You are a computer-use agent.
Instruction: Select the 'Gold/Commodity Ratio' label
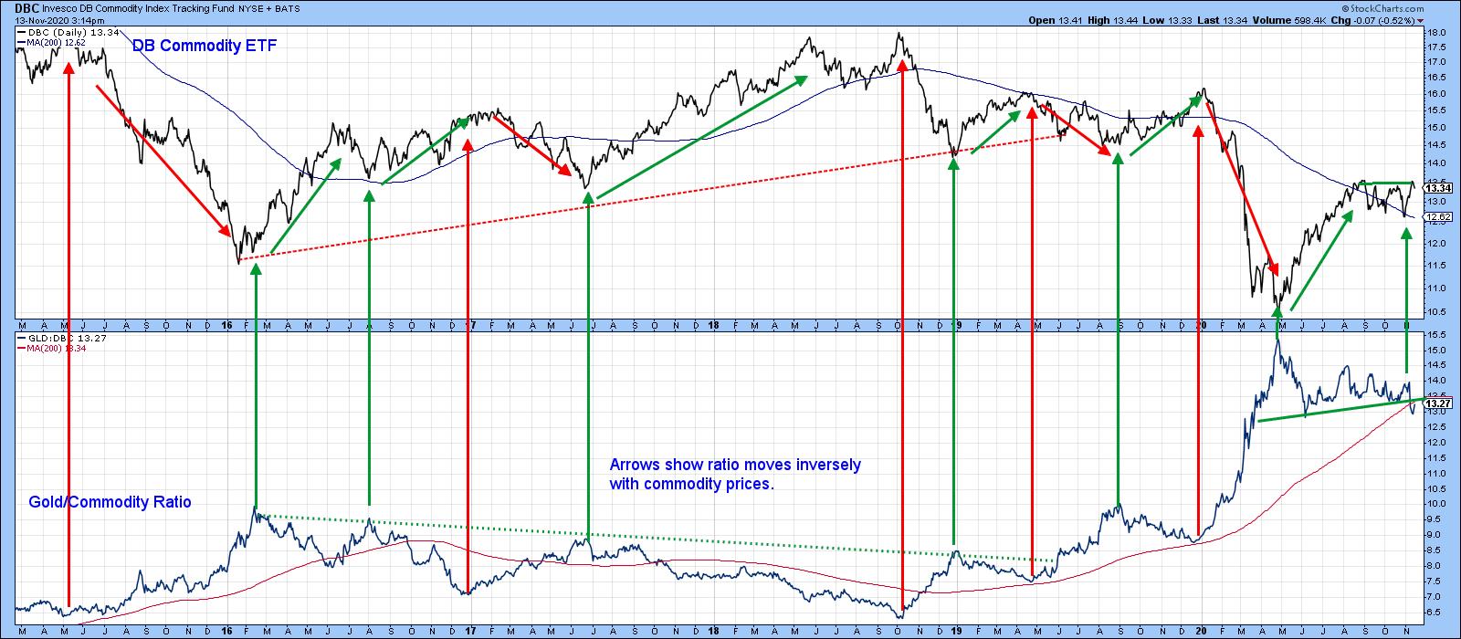[110, 502]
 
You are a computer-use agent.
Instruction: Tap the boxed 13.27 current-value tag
[1437, 403]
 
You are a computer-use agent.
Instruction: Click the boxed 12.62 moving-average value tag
[1437, 217]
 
